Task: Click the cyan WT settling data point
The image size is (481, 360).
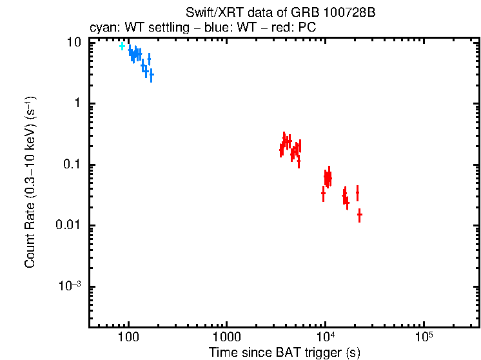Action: coord(122,46)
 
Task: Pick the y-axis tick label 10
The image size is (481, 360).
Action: coord(74,43)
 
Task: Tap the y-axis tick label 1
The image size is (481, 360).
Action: coord(77,104)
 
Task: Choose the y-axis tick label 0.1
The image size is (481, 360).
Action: coord(72,165)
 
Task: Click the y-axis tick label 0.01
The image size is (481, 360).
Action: coord(69,225)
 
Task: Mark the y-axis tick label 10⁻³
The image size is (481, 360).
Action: coord(70,286)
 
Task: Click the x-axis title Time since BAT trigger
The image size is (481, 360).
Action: coord(284,352)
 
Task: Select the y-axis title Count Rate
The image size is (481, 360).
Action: coord(30,183)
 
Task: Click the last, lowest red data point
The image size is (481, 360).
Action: coord(359,215)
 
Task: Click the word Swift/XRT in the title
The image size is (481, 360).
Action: coord(208,13)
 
